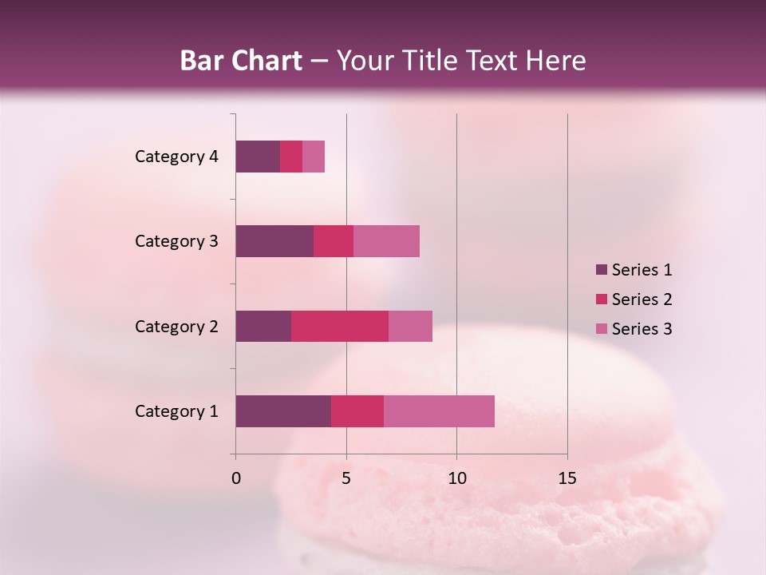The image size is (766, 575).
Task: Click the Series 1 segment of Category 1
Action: pyautogui.click(x=283, y=411)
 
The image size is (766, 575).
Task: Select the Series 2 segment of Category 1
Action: pyautogui.click(x=357, y=411)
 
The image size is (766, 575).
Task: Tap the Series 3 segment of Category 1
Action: pyautogui.click(x=439, y=411)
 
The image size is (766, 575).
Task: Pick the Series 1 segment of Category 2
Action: pyautogui.click(x=263, y=326)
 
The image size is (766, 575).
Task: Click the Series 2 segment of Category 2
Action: pyautogui.click(x=340, y=326)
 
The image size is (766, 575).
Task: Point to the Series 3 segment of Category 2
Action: pyautogui.click(x=410, y=326)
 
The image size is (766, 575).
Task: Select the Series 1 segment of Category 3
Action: pyautogui.click(x=274, y=241)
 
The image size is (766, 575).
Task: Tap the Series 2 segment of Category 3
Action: pyautogui.click(x=334, y=241)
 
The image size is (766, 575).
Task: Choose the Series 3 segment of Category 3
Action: pyautogui.click(x=386, y=241)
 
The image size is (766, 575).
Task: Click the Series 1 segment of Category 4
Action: pyautogui.click(x=258, y=157)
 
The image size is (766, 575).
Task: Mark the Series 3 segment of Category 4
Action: pyautogui.click(x=314, y=157)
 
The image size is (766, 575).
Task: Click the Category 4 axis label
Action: pyautogui.click(x=176, y=157)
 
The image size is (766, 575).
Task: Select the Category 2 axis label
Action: pyautogui.click(x=176, y=326)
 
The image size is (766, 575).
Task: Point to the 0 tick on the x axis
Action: pyautogui.click(x=236, y=478)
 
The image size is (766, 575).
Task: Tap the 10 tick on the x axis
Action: pyautogui.click(x=456, y=478)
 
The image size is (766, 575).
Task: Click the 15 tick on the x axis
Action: pyautogui.click(x=567, y=478)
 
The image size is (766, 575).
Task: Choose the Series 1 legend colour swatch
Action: pyautogui.click(x=601, y=270)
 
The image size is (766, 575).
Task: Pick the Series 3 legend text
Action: pyautogui.click(x=642, y=329)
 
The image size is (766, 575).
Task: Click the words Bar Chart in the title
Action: pyautogui.click(x=241, y=61)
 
